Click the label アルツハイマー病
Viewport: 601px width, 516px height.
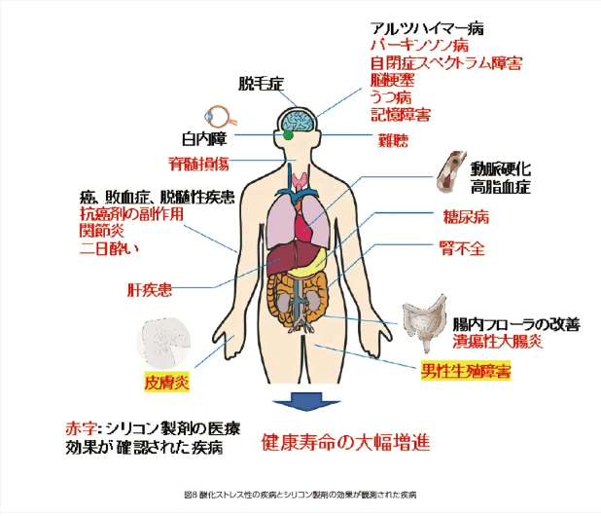click(427, 28)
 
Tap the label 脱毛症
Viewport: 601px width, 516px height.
click(260, 85)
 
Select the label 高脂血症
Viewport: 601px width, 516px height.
click(502, 185)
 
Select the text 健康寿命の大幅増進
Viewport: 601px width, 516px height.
click(346, 440)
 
